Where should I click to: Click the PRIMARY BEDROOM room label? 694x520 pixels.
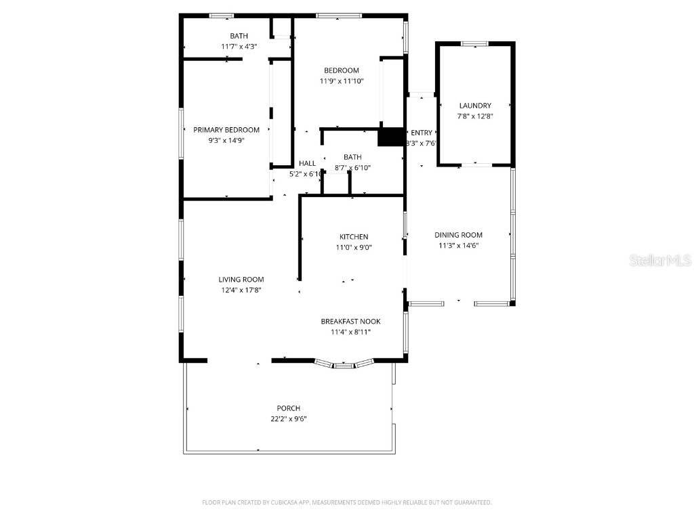pos(226,130)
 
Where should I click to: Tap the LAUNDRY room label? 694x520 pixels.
pos(475,106)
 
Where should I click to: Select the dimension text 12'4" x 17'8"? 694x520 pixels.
pos(241,290)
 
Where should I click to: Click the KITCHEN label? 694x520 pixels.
pos(354,237)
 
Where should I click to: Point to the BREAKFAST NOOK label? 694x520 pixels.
pos(350,322)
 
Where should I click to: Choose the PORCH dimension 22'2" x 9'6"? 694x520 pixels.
pos(288,418)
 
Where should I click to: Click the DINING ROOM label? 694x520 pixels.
pos(459,235)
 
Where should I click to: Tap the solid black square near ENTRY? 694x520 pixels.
pos(390,137)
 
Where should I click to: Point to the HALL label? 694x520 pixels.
pos(307,163)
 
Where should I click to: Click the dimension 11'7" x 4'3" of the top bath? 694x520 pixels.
pos(239,47)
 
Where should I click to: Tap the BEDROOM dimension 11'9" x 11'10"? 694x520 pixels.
pos(342,81)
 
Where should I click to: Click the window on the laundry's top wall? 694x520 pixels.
pos(474,44)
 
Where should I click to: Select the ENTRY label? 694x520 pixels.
pos(421,133)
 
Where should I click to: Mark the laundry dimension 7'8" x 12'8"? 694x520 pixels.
pos(475,116)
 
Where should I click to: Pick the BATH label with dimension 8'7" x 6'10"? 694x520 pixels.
pos(352,157)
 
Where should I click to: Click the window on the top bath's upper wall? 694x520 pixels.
pos(222,15)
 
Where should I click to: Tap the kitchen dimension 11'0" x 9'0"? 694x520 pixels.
pos(354,247)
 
